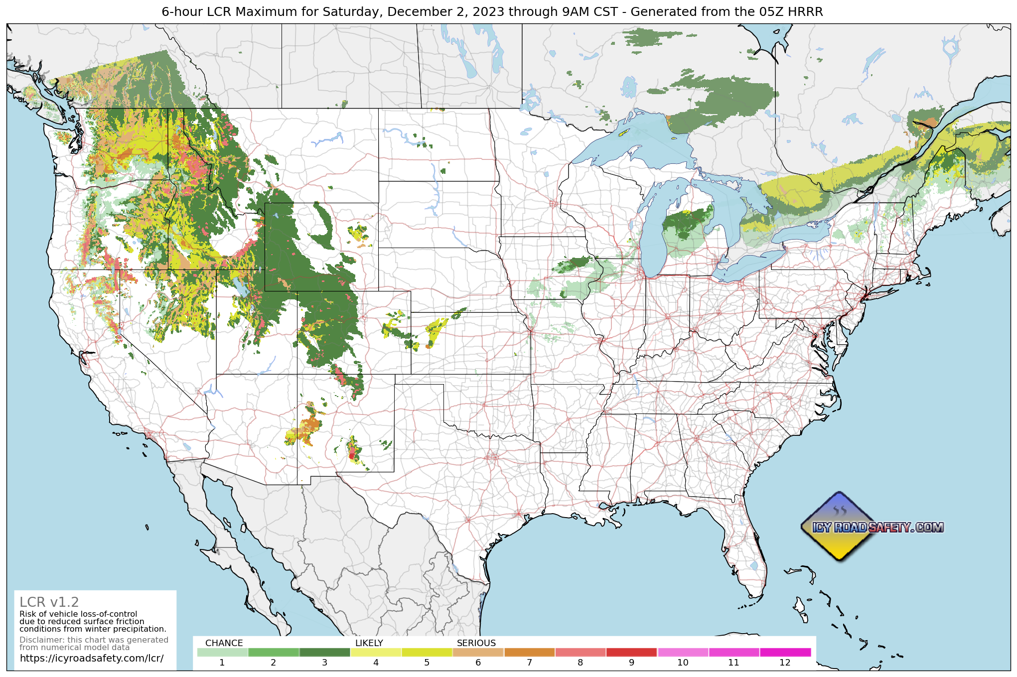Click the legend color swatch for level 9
(631, 652)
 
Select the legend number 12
(785, 663)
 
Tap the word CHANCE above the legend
(224, 643)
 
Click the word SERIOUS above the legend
(476, 643)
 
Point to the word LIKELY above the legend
(369, 643)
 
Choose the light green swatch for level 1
(222, 652)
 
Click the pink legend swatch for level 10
(683, 652)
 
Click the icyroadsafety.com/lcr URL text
(91, 658)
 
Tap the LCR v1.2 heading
(49, 602)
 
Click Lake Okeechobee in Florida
(753, 566)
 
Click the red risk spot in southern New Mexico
(351, 455)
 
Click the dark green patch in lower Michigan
(685, 222)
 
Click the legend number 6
(478, 663)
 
